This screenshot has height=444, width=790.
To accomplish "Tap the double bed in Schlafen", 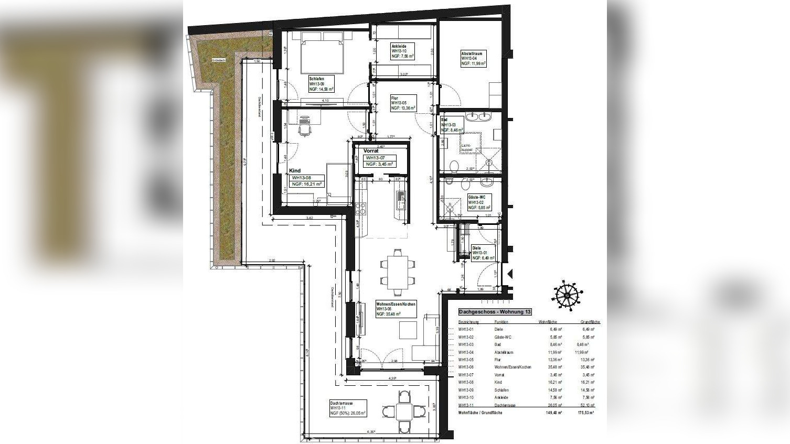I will [322, 52].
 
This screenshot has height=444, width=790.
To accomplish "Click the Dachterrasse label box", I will [348, 408].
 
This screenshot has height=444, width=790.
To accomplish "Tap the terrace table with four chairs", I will [404, 410].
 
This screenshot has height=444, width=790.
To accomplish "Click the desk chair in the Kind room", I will [304, 125].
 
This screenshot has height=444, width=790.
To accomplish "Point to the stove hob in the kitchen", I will [361, 208].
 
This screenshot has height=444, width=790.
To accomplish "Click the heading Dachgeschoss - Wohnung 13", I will [495, 312].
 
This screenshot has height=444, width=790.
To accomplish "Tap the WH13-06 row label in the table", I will [465, 367].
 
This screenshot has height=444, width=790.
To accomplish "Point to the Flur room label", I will [403, 103].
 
